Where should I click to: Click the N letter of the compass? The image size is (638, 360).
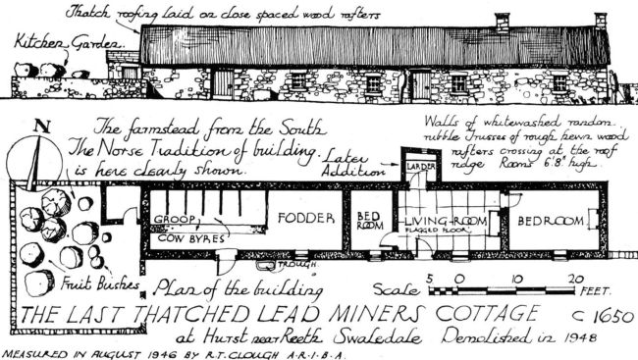click(x=40, y=129)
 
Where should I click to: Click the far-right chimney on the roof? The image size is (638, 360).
click(x=600, y=20)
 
